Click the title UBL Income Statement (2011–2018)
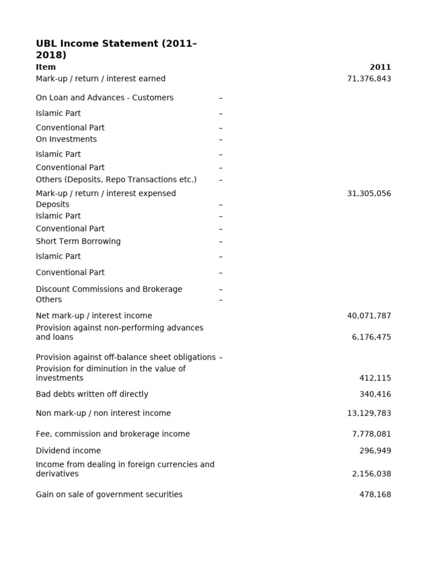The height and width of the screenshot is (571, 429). (116, 49)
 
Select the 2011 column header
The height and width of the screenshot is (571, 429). (380, 67)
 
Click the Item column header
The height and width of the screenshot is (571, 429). (46, 67)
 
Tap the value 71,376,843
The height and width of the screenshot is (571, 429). (369, 79)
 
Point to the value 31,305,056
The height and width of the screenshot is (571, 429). (369, 193)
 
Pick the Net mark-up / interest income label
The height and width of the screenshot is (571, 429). (94, 316)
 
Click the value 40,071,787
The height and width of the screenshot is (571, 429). (369, 316)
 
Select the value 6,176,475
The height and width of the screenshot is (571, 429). (371, 337)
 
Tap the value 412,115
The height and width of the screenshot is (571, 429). (375, 378)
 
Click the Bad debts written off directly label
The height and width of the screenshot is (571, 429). (92, 394)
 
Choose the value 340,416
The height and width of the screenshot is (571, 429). (375, 394)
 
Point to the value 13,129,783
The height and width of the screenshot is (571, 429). (369, 413)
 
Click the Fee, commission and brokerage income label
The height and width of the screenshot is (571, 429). (113, 434)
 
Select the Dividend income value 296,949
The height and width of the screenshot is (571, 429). (375, 451)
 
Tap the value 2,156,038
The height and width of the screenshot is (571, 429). (371, 473)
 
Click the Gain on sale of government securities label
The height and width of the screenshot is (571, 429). (109, 495)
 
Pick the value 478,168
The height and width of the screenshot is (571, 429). (375, 495)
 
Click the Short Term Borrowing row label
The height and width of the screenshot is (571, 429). (78, 241)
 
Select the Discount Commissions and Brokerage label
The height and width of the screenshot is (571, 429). (109, 289)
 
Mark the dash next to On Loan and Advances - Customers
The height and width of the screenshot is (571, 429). (221, 98)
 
